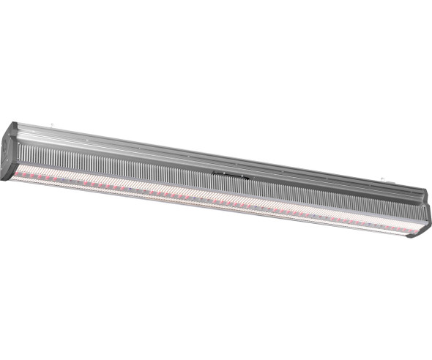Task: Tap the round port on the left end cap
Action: (5, 144)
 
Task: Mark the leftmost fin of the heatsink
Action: (19, 154)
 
